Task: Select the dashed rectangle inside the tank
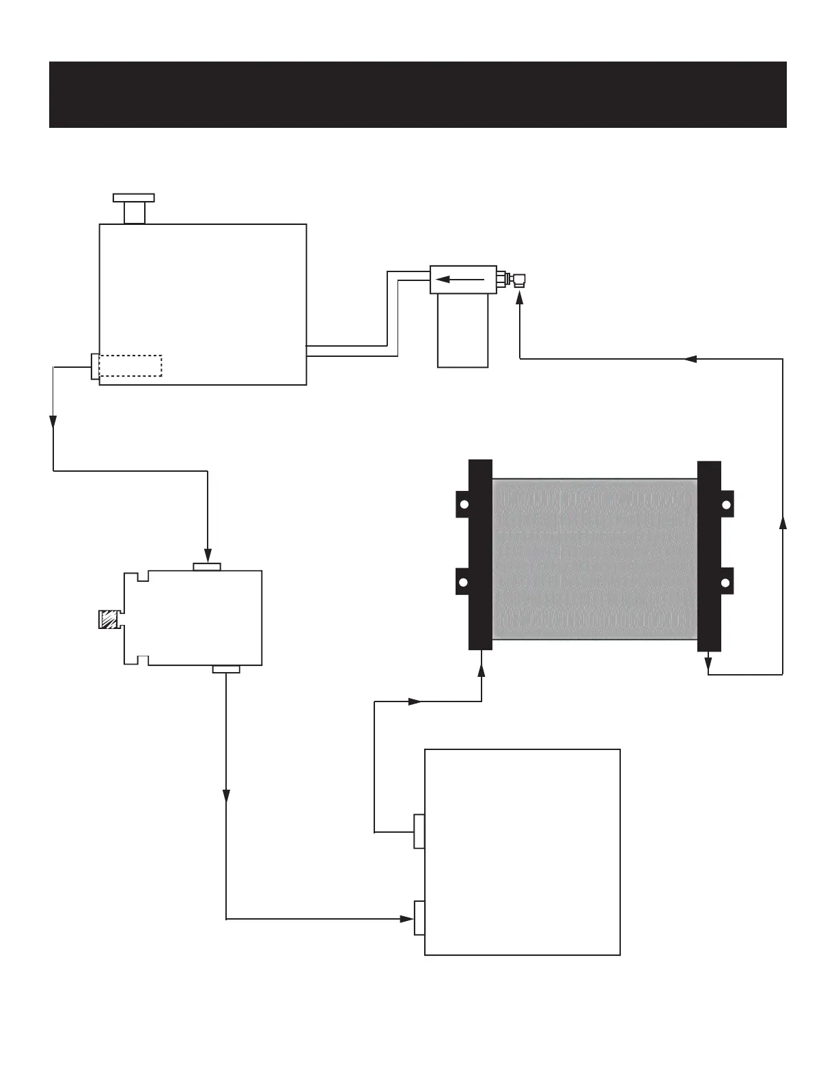(x=130, y=366)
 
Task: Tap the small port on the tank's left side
(x=95, y=366)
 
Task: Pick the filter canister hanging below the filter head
(x=462, y=331)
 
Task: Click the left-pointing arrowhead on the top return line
(x=690, y=358)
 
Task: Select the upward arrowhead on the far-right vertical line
(x=783, y=522)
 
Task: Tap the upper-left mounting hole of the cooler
(x=463, y=505)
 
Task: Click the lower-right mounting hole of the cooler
(x=727, y=583)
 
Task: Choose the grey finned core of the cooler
(x=594, y=559)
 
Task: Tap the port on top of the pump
(x=207, y=567)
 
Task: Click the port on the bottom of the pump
(x=226, y=669)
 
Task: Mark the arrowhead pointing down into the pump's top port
(x=208, y=555)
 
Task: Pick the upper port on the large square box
(x=419, y=831)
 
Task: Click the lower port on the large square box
(x=419, y=918)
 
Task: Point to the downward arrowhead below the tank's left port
(x=53, y=422)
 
